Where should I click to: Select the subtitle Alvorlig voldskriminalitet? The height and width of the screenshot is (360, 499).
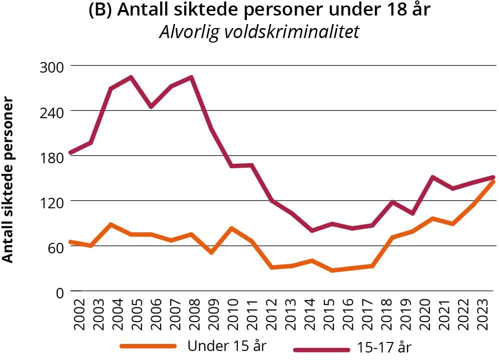259,32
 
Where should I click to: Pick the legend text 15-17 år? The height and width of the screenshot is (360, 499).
384,347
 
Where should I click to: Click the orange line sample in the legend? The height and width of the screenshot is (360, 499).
149,346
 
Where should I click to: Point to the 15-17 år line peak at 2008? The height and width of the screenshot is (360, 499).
191,78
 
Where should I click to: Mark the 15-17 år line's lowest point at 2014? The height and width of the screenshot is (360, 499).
312,231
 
